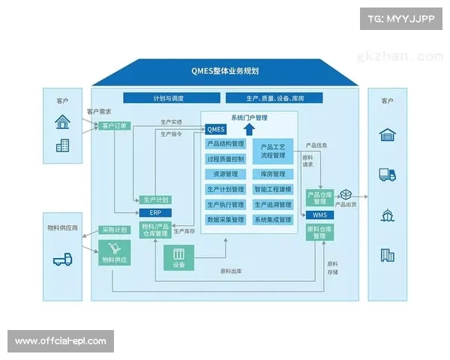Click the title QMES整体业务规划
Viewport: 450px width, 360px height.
(224, 71)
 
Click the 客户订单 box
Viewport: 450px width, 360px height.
(114, 126)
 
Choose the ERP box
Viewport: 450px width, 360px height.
(155, 212)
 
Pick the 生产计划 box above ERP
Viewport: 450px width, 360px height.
(155, 200)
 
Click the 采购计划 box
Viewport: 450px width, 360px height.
(114, 229)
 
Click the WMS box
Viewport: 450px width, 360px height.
(319, 215)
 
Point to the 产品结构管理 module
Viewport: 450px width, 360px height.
(225, 143)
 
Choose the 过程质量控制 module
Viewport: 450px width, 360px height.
(225, 159)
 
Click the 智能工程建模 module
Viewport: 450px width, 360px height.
(273, 189)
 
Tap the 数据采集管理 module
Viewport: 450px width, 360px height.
(225, 220)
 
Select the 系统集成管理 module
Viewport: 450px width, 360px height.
(273, 220)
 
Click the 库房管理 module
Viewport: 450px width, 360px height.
(273, 174)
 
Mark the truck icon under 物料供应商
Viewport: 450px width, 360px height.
(62, 259)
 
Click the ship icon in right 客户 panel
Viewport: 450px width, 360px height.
(387, 214)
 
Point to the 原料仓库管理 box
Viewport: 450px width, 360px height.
(319, 232)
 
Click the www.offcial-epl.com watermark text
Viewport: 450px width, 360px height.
(60, 341)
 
